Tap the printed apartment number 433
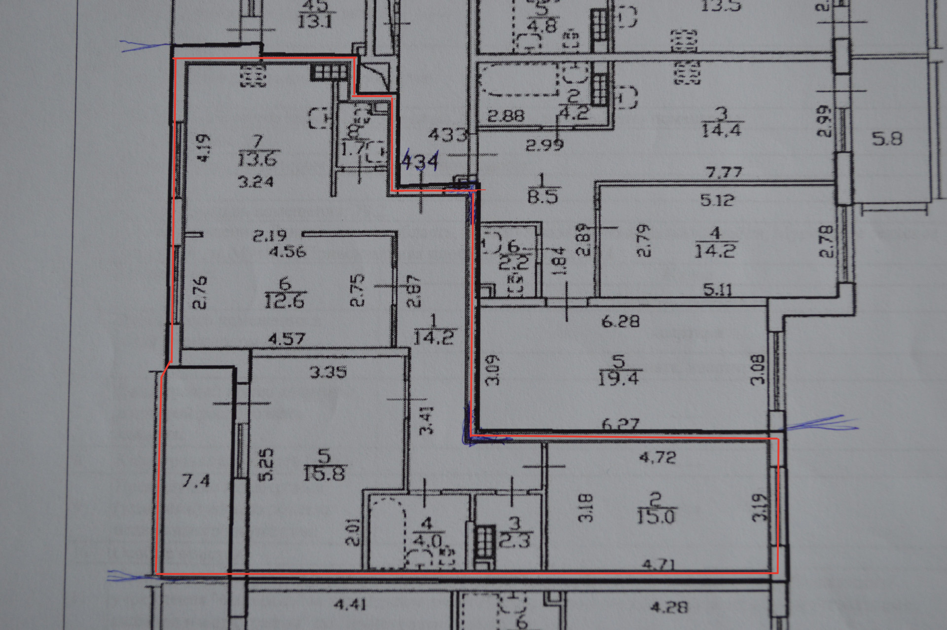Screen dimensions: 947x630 (x=447, y=134)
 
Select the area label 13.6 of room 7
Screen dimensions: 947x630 (x=258, y=159)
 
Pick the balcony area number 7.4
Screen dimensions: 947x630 (x=196, y=480)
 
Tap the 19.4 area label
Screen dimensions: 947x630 (x=619, y=379)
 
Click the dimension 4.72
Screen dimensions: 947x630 (x=657, y=457)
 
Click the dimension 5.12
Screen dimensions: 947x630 (x=717, y=200)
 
